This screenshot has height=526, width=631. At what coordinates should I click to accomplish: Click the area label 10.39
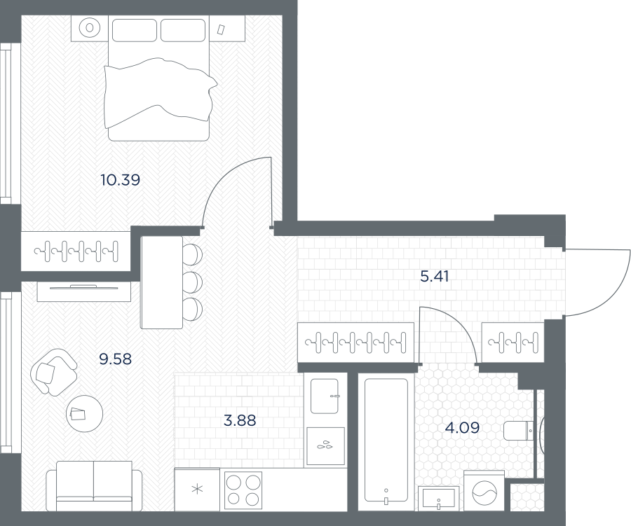[121, 180]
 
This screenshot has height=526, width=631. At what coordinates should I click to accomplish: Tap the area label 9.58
[116, 359]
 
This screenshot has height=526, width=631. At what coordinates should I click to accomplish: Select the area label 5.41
[434, 276]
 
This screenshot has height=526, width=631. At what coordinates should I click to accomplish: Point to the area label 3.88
[240, 421]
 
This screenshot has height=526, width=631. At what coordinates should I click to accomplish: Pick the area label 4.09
[463, 427]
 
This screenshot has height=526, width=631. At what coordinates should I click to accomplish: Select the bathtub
[386, 441]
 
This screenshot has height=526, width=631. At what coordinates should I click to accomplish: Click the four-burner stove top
[243, 490]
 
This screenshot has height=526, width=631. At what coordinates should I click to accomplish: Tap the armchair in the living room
[53, 372]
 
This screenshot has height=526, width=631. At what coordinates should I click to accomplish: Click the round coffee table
[85, 413]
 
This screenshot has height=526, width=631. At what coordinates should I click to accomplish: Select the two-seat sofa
[94, 486]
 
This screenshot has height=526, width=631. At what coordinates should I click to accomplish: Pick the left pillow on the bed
[134, 30]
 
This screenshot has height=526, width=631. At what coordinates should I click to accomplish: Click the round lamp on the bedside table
[90, 28]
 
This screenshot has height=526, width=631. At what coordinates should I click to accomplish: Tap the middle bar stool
[192, 282]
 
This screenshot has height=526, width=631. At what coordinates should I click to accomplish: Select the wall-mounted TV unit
[84, 292]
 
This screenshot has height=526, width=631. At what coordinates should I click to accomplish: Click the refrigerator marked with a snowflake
[197, 490]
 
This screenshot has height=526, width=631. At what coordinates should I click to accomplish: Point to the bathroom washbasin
[439, 498]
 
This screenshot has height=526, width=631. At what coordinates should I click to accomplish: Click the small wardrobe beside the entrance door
[513, 342]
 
